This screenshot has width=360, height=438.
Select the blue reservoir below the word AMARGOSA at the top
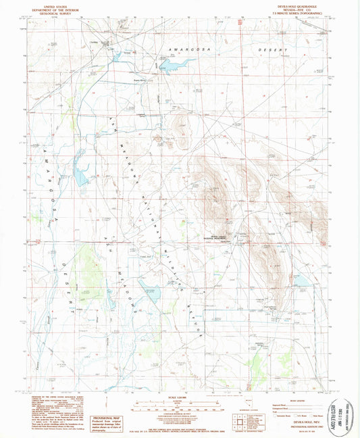[x=175, y=65]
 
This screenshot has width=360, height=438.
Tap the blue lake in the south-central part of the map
[x=150, y=294]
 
